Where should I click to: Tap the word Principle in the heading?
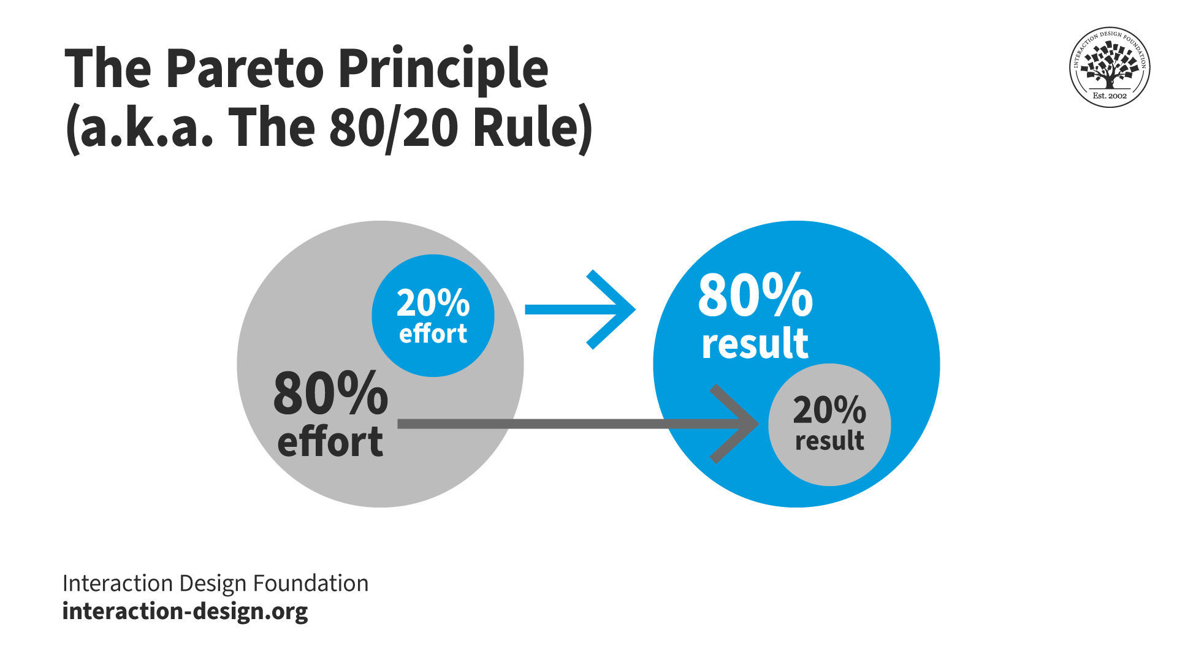tap(443, 69)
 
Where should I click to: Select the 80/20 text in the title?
tap(393, 129)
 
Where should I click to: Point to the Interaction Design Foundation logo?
tap(1110, 67)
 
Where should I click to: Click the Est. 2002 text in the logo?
tap(1110, 96)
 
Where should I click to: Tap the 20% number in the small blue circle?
tap(433, 303)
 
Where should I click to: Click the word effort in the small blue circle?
tap(433, 334)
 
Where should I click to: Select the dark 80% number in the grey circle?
tap(330, 394)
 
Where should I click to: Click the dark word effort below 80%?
tap(330, 441)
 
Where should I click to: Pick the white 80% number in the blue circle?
tap(755, 295)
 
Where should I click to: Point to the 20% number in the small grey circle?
tap(829, 410)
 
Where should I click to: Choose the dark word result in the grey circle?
tap(829, 441)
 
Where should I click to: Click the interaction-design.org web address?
tap(185, 611)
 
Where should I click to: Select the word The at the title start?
tap(108, 69)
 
